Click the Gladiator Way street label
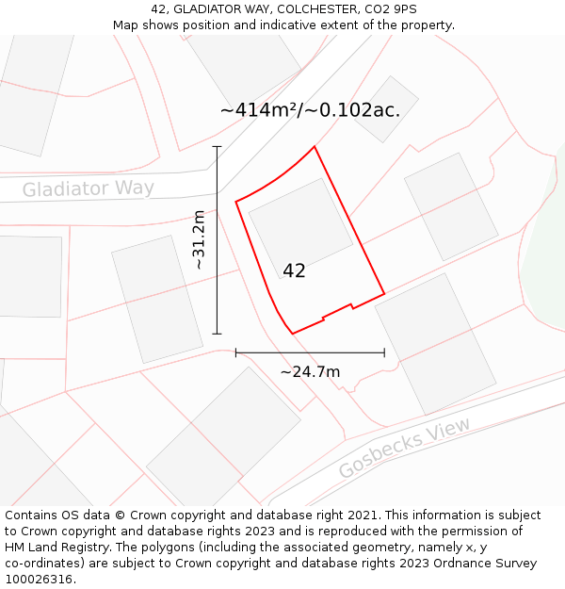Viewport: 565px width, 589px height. coord(88,188)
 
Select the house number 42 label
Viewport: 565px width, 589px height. coord(294,270)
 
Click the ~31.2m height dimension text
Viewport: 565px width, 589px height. coord(199,240)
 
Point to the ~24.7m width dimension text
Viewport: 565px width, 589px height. coord(310,371)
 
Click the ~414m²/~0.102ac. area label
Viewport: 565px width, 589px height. coord(310,109)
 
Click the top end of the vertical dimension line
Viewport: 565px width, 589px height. coord(218,147)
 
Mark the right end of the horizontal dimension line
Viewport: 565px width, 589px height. coord(384,352)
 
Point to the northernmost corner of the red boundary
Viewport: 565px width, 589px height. coord(314,146)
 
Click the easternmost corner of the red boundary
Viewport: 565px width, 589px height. coord(384,294)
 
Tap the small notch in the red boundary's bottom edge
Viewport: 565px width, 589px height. coord(351,305)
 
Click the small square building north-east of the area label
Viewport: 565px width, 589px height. coord(386,109)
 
